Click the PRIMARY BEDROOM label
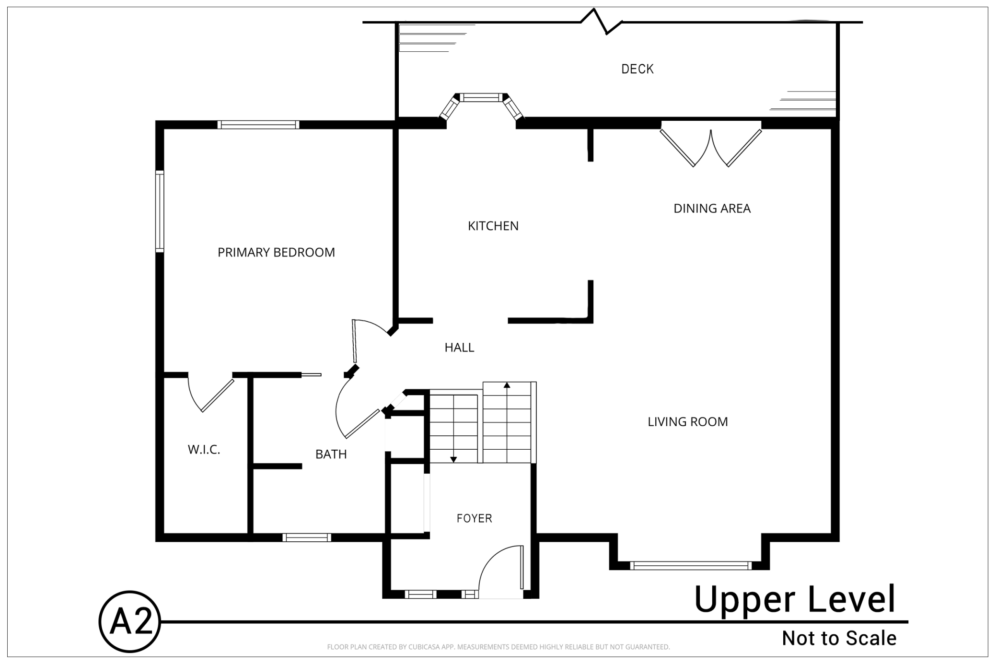click(276, 252)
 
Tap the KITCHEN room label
click(493, 226)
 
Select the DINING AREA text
click(712, 209)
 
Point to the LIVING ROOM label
click(688, 422)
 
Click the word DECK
click(638, 69)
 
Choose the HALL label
click(459, 348)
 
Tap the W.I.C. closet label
click(204, 450)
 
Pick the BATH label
click(331, 454)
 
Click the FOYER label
click(474, 518)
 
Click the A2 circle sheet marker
click(129, 621)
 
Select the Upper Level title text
click(795, 599)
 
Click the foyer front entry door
click(500, 571)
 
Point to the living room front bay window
click(690, 566)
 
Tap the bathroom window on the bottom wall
click(307, 537)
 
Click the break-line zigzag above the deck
click(601, 22)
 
